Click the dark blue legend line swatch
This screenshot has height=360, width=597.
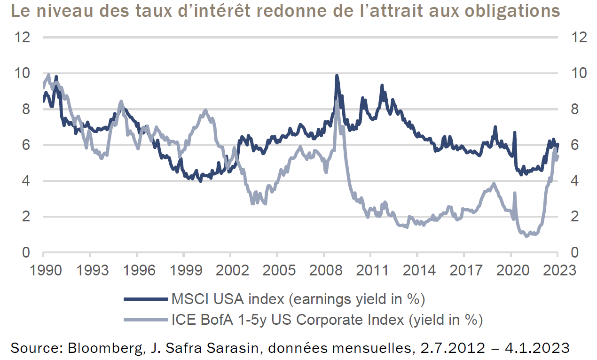145,298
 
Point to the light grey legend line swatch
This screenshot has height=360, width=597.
145,320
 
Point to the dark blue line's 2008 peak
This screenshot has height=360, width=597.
337,75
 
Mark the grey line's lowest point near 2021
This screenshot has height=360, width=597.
526,235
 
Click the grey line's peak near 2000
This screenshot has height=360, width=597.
205,110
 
